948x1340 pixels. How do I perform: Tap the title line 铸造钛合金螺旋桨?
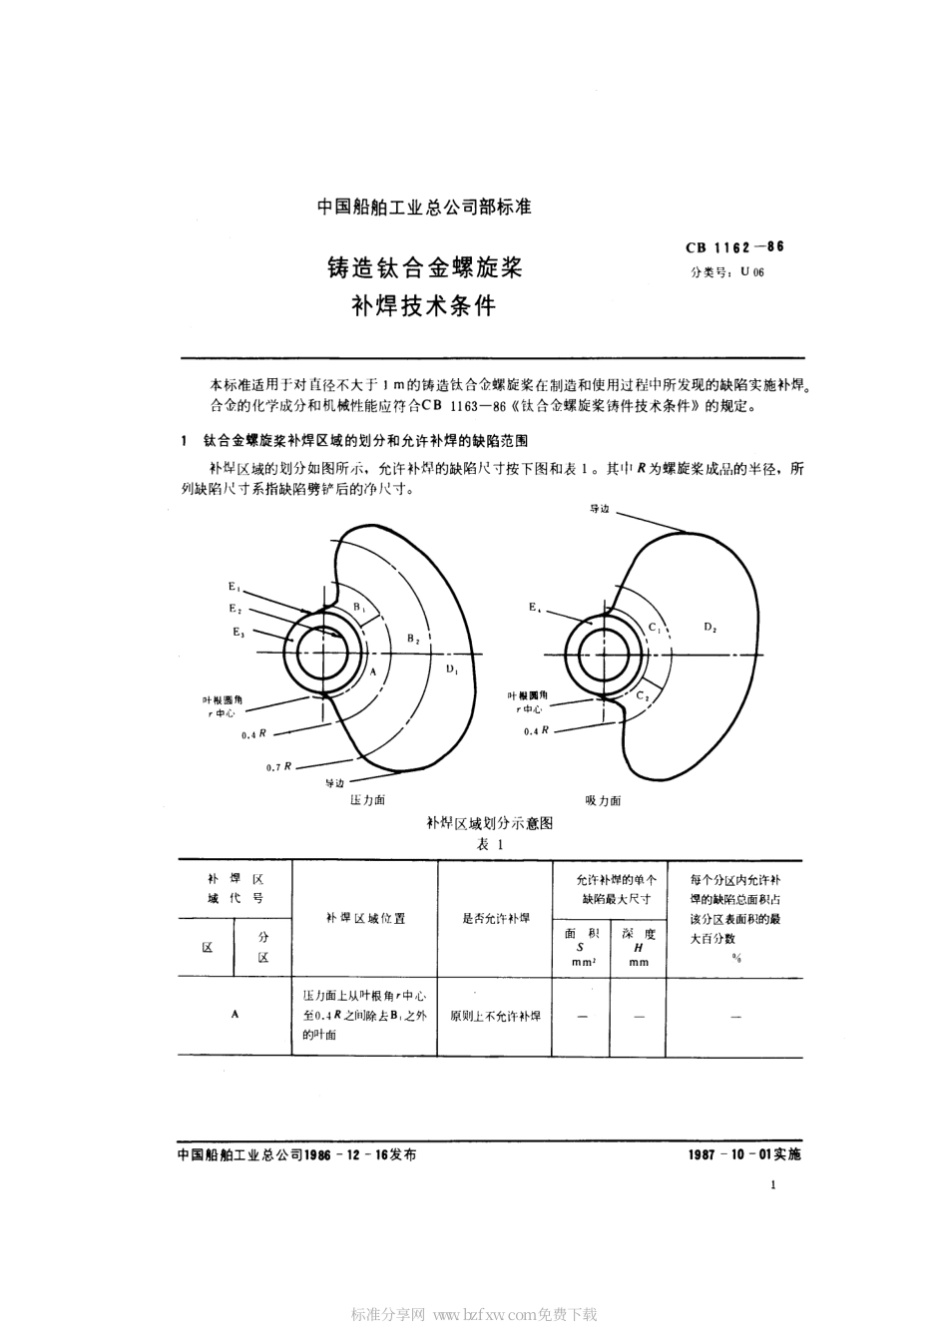425,267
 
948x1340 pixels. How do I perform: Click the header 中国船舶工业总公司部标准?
424,208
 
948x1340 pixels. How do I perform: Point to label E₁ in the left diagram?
234,588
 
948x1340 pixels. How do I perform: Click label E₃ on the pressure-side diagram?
237,632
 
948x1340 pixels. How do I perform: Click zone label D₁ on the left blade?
452,669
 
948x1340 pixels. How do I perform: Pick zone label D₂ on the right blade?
711,627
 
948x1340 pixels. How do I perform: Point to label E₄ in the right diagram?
535,606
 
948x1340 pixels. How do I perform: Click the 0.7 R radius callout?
279,766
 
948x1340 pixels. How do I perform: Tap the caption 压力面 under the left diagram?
367,800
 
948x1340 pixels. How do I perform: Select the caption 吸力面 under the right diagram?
603,800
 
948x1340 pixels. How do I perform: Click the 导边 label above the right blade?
599,509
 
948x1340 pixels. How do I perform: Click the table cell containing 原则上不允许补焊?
495,1016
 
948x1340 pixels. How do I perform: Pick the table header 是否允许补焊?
495,919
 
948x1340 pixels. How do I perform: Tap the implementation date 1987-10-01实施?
743,1153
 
